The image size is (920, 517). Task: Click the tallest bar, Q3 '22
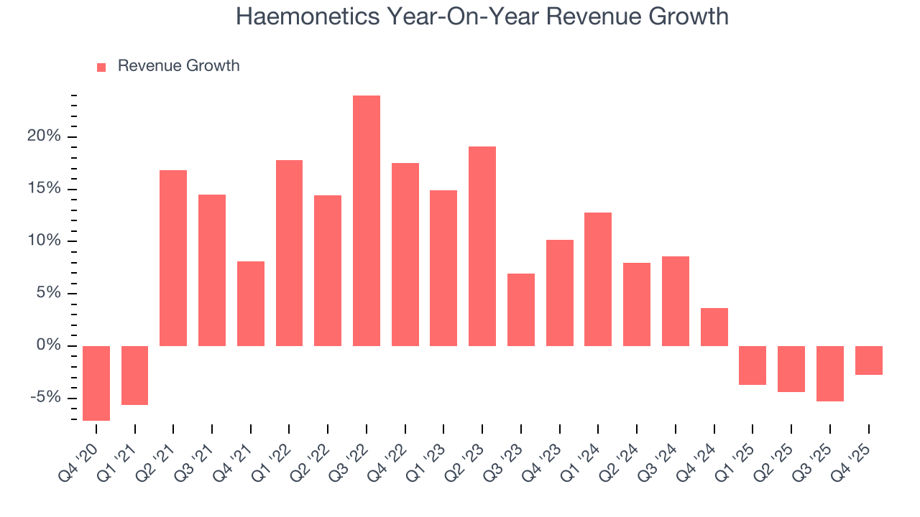point(366,220)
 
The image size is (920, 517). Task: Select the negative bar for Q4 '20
point(96,383)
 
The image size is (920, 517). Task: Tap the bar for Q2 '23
point(482,246)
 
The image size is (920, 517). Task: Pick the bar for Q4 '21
point(251,304)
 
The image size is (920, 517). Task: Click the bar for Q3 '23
point(521,309)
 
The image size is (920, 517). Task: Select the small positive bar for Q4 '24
point(714,327)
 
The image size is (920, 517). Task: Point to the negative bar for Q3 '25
point(830,373)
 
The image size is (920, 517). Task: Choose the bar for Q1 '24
point(598,279)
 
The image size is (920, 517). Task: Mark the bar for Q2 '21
point(173,258)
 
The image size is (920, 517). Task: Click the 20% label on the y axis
point(45,136)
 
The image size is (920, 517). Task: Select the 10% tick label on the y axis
point(45,241)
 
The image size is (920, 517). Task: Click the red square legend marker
point(101,67)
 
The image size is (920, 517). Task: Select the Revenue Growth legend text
point(178,66)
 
